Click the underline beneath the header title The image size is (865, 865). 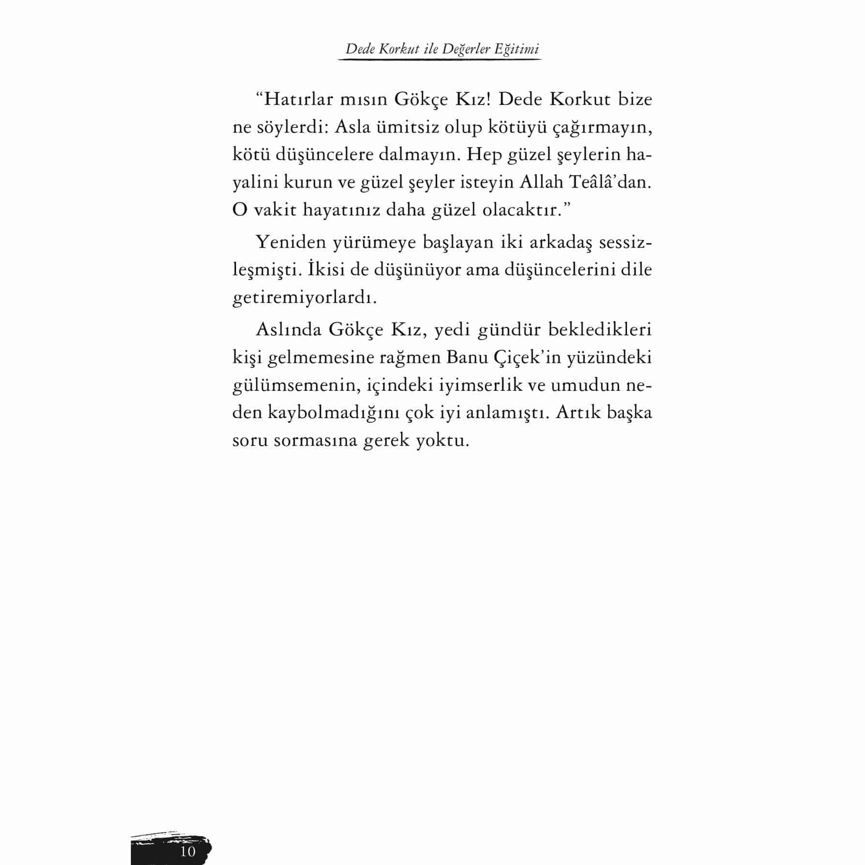(439, 60)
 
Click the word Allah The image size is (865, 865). (542, 183)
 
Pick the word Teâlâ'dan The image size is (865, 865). (610, 183)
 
